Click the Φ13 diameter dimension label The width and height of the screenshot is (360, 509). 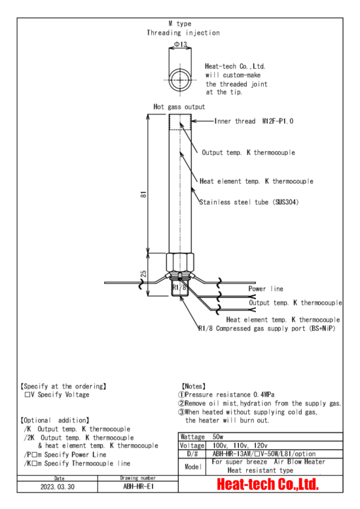(x=181, y=44)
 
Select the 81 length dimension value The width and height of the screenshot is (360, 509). (x=143, y=194)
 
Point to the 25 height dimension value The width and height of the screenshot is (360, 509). (x=143, y=274)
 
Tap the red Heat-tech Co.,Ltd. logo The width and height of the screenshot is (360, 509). (x=268, y=484)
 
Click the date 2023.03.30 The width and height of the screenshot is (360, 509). (x=58, y=487)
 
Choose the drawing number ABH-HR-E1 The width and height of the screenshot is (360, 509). (x=138, y=486)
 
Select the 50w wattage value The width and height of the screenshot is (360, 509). (x=218, y=436)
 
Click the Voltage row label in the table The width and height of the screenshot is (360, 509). (x=192, y=446)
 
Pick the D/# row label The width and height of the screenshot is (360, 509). (x=192, y=454)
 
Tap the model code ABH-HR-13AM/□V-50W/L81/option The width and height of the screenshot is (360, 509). (x=264, y=454)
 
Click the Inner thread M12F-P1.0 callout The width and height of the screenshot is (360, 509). (x=254, y=121)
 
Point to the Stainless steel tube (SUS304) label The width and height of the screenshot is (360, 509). (x=249, y=202)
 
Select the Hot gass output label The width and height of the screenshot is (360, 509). (x=179, y=107)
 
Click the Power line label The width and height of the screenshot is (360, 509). (x=266, y=289)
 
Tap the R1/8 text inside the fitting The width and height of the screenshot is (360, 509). (x=179, y=287)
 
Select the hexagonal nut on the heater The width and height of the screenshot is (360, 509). (x=180, y=262)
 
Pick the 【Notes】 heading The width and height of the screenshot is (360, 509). (x=194, y=386)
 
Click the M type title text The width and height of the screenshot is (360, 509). (x=180, y=24)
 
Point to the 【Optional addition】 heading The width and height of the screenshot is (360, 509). (x=54, y=421)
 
